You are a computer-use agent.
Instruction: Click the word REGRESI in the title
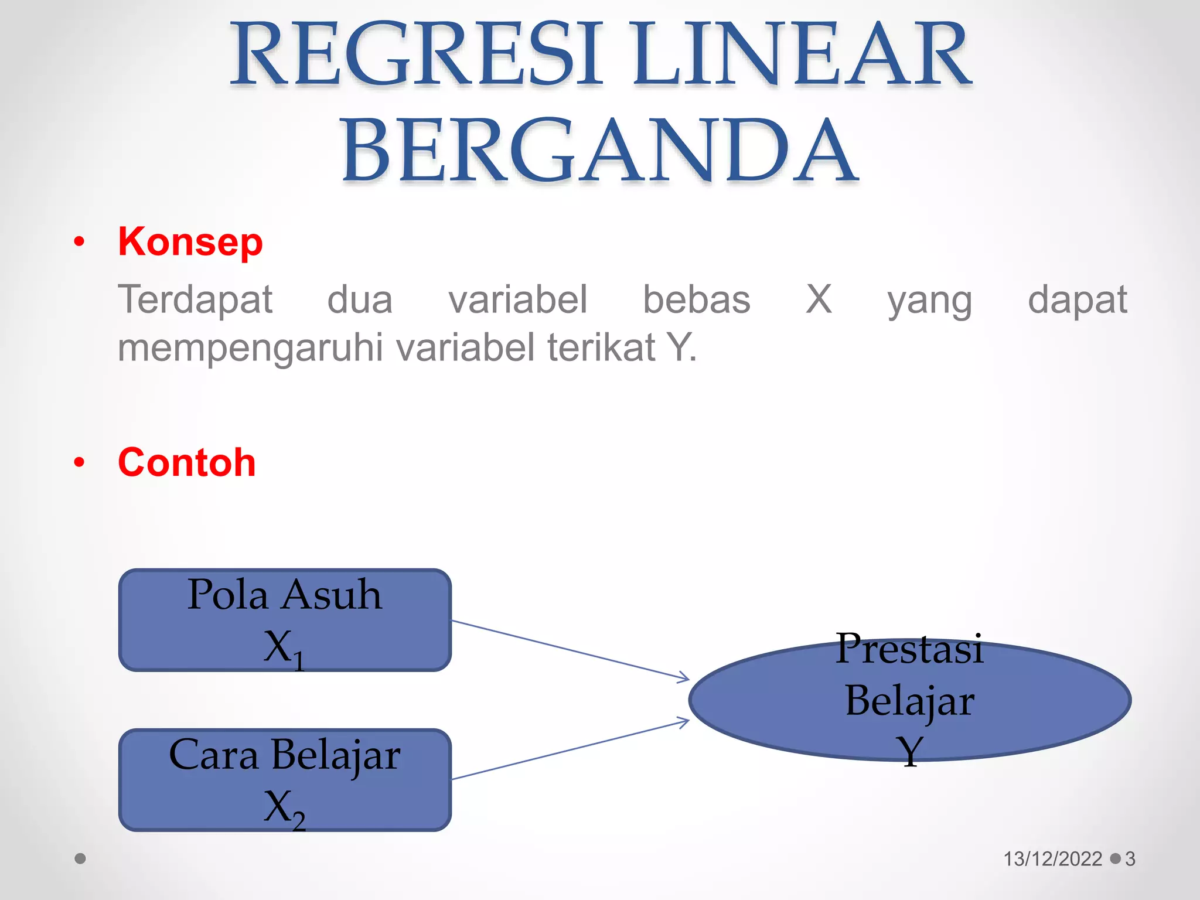pos(417,54)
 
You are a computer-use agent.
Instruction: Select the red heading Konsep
pos(190,241)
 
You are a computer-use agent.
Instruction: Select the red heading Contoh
pos(187,462)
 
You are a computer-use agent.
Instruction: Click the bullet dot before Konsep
pos(80,242)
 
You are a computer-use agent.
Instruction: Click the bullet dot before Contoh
pos(80,463)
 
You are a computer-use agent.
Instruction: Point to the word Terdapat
pos(195,300)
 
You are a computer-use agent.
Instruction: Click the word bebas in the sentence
pos(697,300)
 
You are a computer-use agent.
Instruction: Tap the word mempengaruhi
pos(251,347)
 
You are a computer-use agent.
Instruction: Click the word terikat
pos(601,347)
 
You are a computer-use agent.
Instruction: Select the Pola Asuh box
pos(285,620)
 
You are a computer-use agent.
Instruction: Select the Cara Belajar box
pos(285,780)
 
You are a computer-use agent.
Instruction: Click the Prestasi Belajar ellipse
pos(909,700)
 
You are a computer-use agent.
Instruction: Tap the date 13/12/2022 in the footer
pos(1053,859)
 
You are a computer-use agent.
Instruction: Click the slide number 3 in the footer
pos(1130,859)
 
